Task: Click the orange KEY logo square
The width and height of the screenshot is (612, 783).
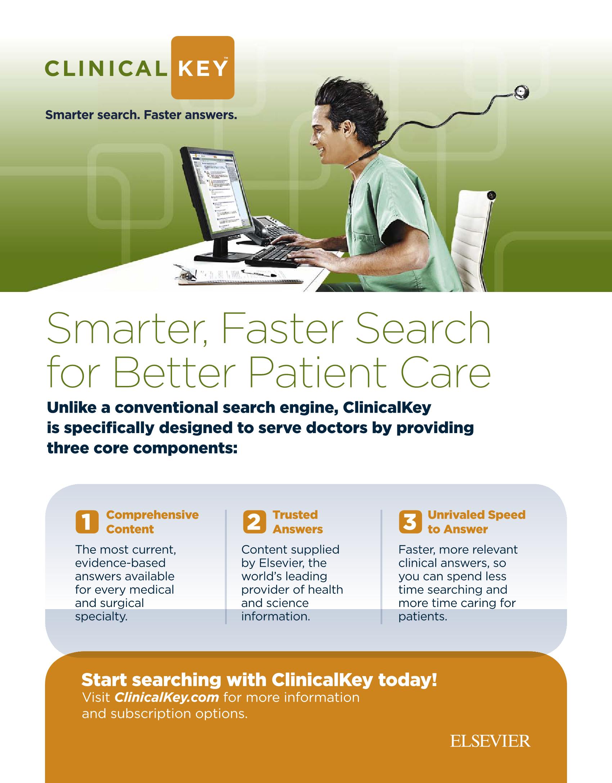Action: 203,68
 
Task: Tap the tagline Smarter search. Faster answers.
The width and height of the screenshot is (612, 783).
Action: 141,115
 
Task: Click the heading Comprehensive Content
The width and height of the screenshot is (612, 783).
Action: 152,522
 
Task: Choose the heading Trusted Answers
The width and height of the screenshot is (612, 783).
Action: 298,522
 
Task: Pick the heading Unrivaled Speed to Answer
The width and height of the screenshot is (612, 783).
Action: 476,522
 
